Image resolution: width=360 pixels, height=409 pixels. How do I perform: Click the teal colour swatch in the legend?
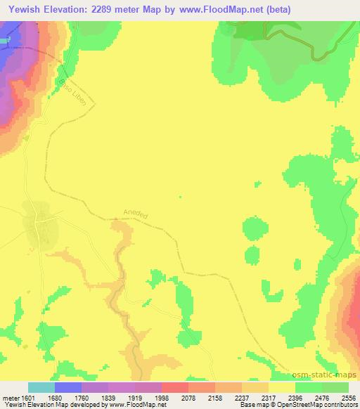41,387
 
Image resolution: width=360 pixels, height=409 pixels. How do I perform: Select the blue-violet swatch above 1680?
67,387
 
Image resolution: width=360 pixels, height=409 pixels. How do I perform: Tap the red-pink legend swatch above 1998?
174,387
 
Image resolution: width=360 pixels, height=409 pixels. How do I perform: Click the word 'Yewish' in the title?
25,9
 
